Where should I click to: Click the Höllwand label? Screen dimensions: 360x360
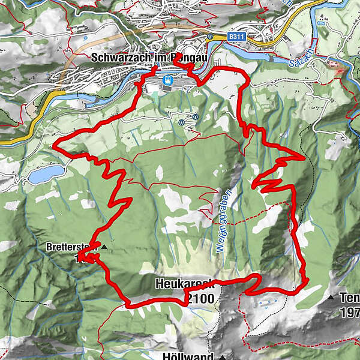pyautogui.click(x=188, y=356)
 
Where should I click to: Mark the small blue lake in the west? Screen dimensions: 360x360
pyautogui.click(x=46, y=175)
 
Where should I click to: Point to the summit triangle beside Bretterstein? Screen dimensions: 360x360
pyautogui.click(x=104, y=247)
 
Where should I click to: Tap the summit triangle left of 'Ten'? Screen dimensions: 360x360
pyautogui.click(x=331, y=297)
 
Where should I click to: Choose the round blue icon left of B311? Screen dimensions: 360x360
pyautogui.click(x=211, y=36)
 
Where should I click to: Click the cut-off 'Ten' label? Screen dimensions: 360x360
pyautogui.click(x=349, y=297)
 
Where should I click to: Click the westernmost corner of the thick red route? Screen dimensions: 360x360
pyautogui.click(x=55, y=145)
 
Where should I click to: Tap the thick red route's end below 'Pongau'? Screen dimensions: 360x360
pyautogui.click(x=175, y=56)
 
